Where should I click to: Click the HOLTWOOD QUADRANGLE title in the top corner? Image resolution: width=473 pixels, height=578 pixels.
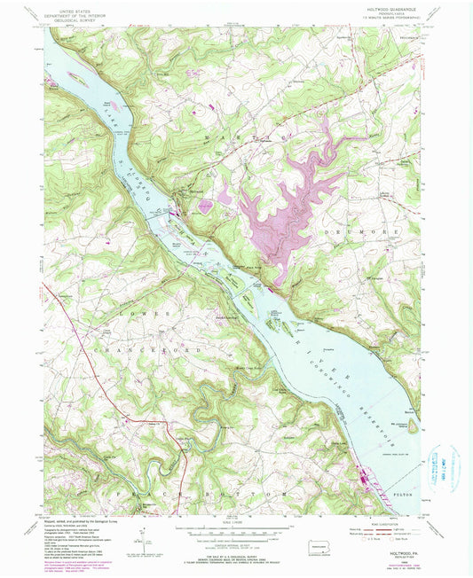tap(390, 9)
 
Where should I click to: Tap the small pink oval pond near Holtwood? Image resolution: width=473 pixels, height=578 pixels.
tap(206, 206)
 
